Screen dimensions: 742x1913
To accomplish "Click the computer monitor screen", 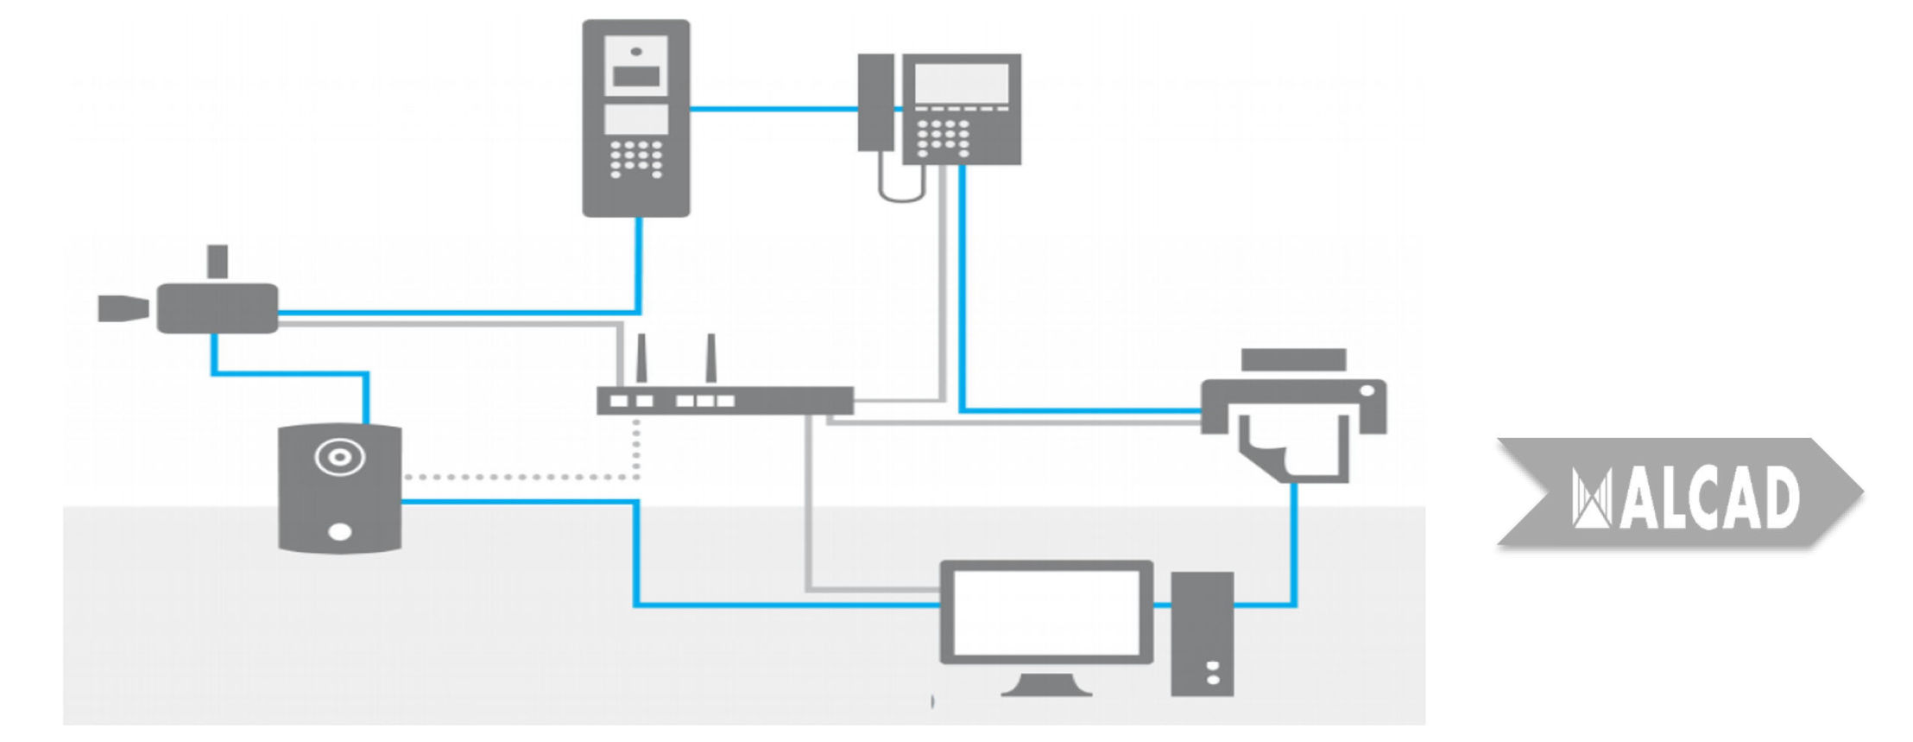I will click(x=1046, y=612).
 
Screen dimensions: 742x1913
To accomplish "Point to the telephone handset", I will click(x=875, y=102).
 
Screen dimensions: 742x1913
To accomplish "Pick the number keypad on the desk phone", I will click(x=943, y=136).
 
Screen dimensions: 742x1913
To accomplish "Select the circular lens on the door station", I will click(x=339, y=456).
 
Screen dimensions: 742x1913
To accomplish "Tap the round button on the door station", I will click(x=340, y=531).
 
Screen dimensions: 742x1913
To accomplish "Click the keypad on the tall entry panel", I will click(x=636, y=158).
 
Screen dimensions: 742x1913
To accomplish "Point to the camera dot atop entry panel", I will click(x=636, y=51).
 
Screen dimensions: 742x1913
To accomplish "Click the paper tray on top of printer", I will click(x=1293, y=359).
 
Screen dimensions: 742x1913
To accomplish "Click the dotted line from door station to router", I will click(x=518, y=477).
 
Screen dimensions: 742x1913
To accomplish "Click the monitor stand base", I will click(x=1046, y=688).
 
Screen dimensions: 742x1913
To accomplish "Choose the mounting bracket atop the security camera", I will click(x=218, y=262).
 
